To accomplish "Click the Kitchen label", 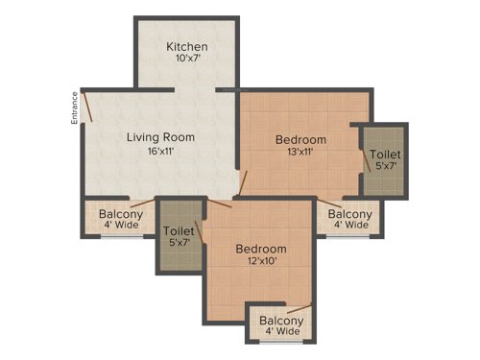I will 187,47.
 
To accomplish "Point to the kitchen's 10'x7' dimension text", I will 187,60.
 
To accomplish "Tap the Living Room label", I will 161,137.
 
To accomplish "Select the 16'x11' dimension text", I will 161,151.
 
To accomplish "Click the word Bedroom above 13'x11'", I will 300,139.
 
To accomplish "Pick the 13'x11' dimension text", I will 300,153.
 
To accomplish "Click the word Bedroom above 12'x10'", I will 261,249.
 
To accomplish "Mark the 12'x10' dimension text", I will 261,262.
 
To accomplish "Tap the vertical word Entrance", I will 74,108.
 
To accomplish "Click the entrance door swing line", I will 87,106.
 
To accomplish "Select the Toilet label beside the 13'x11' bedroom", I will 386,154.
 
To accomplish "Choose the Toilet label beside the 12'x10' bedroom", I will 180,230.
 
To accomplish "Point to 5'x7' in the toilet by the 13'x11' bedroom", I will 386,166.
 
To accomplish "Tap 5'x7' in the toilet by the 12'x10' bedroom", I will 180,244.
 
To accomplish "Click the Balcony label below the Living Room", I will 121,213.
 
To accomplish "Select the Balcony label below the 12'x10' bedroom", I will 281,321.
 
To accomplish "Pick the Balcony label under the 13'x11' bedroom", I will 349,213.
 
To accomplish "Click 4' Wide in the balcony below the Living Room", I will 121,226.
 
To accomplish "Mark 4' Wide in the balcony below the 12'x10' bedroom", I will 281,333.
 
